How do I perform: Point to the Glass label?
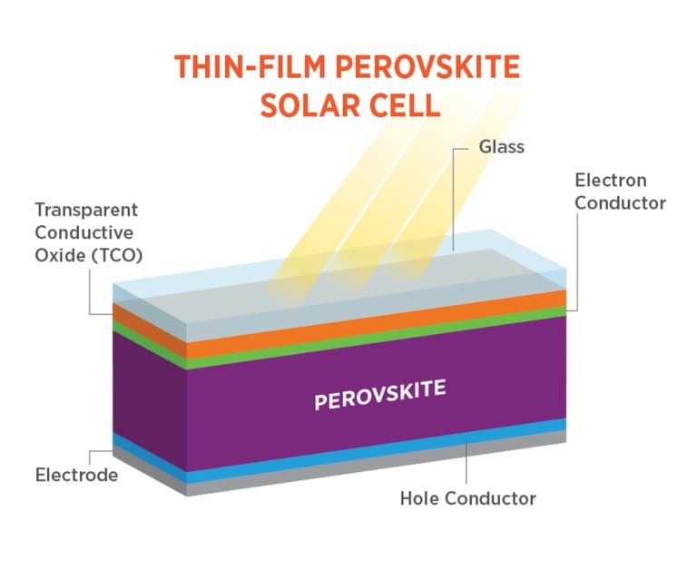pyautogui.click(x=501, y=146)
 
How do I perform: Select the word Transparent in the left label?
pyautogui.click(x=86, y=210)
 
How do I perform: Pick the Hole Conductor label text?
pyautogui.click(x=467, y=498)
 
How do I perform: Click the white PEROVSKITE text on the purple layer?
pyautogui.click(x=380, y=395)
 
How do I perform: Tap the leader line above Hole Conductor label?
pyautogui.click(x=466, y=463)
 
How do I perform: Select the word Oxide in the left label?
pyautogui.click(x=58, y=254)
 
